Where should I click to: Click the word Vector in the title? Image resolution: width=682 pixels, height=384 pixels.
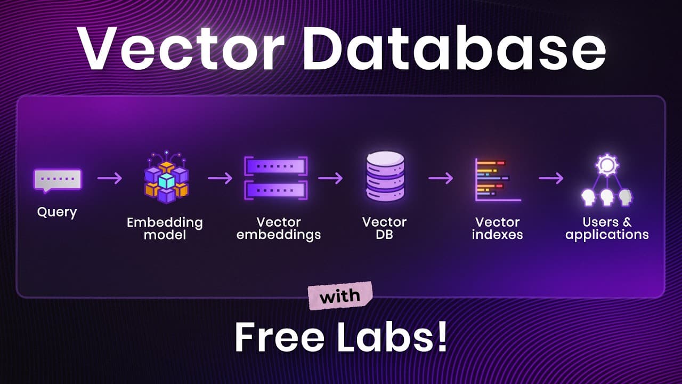click(181, 49)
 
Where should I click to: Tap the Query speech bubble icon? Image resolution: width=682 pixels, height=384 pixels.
click(58, 181)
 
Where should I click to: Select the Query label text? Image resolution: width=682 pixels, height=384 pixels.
click(57, 212)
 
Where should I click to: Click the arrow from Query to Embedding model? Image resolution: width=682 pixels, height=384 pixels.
click(110, 178)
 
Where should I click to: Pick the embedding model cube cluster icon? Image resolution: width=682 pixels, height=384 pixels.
click(167, 177)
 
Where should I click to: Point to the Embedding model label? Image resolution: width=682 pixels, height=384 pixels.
click(165, 229)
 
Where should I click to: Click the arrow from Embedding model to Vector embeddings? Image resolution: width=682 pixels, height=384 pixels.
click(220, 178)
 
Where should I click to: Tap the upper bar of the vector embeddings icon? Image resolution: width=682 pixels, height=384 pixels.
click(276, 166)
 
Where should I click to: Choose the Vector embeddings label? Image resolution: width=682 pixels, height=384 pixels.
click(279, 229)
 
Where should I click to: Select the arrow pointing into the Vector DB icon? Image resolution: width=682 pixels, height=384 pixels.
click(331, 178)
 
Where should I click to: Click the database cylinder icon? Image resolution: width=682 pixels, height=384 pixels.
click(385, 176)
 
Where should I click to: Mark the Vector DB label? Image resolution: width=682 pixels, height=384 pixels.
click(385, 228)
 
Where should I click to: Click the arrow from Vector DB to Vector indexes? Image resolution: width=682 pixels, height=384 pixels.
click(441, 178)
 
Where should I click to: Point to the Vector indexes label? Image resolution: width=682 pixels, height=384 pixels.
click(498, 228)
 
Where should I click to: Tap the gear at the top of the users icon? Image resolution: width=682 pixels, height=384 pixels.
click(607, 165)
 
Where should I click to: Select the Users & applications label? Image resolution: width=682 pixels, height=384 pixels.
click(607, 229)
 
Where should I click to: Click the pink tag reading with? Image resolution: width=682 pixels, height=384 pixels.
click(340, 295)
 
